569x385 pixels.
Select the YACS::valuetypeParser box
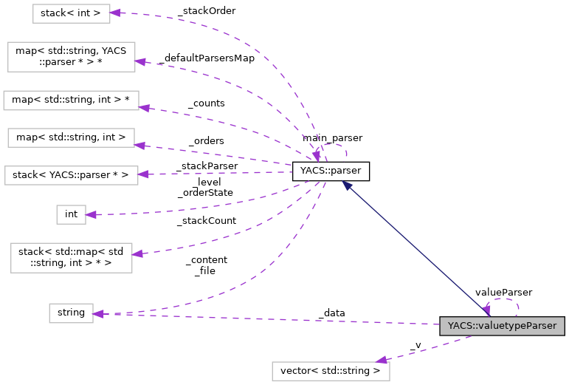[x=502, y=326]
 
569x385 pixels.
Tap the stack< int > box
[x=71, y=13]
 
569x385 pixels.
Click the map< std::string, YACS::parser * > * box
[x=71, y=57]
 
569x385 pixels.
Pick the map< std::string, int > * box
[x=71, y=100]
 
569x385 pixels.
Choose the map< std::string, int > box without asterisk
[x=71, y=137]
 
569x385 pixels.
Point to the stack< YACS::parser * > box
[x=71, y=175]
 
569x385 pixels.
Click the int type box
[x=71, y=214]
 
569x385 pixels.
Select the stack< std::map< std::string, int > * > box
[x=71, y=258]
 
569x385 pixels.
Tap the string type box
[x=71, y=313]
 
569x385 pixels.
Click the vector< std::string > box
[x=331, y=370]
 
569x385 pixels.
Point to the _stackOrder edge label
[x=201, y=13]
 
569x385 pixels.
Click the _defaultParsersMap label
[x=206, y=58]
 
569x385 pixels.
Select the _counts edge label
[x=206, y=103]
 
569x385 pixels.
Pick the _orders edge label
[x=206, y=140]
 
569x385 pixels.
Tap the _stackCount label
[x=206, y=220]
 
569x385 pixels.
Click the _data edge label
[x=331, y=313]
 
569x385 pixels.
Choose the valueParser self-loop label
[x=503, y=293]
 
